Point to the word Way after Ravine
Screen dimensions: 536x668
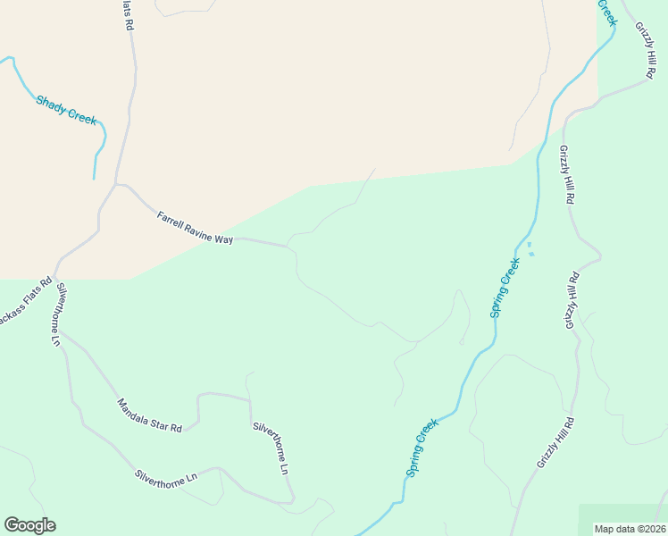click(x=224, y=239)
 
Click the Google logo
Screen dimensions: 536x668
click(x=29, y=525)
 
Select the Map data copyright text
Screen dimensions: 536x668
click(x=630, y=529)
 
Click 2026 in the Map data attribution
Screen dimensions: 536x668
click(x=652, y=529)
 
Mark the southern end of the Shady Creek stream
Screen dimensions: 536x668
click(x=94, y=179)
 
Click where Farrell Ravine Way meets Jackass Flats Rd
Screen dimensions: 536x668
click(x=116, y=185)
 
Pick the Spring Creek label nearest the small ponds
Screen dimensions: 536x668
click(x=505, y=288)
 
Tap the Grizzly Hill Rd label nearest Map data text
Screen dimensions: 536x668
click(x=555, y=442)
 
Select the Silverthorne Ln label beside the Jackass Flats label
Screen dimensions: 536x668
click(x=58, y=314)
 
